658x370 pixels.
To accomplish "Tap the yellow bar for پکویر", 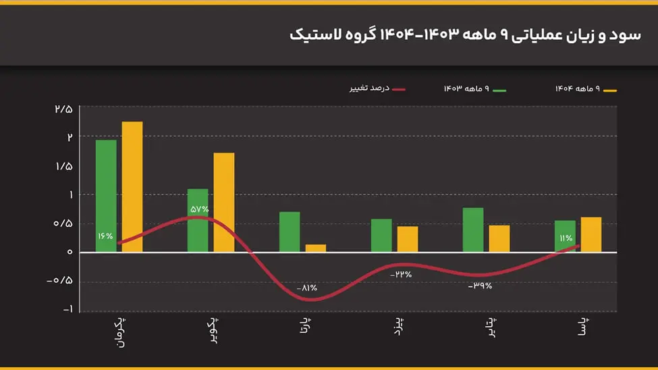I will click(x=224, y=203).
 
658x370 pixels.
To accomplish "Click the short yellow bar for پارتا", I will click(x=316, y=248).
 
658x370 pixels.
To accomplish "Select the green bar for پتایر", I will click(x=473, y=230).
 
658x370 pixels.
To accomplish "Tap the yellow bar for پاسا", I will click(x=591, y=234).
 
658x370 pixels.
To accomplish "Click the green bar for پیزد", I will click(x=381, y=235).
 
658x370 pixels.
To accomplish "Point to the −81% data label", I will click(x=307, y=288).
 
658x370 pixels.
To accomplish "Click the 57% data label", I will click(x=200, y=209).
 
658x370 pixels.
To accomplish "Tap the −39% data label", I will click(x=480, y=286).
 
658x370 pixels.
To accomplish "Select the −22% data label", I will click(x=400, y=274).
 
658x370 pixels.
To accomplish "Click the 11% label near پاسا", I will click(x=565, y=238).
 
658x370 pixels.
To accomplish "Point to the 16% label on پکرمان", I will click(x=105, y=236).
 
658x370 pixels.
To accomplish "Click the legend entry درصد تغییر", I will click(x=368, y=89).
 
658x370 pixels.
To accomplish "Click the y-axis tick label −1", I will click(x=65, y=310).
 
